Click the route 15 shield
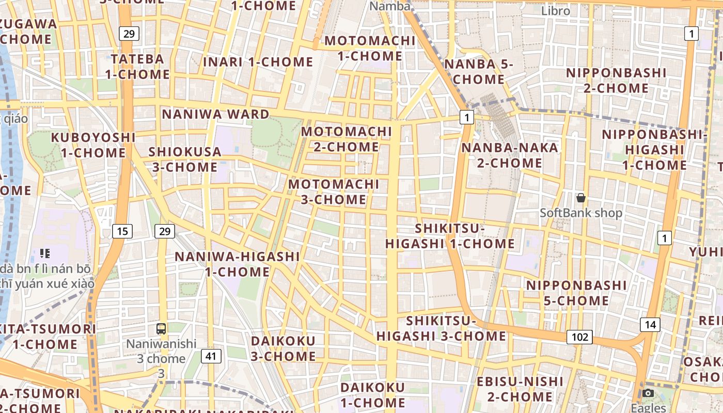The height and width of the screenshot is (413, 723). tap(122, 231)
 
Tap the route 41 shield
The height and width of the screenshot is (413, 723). tap(210, 356)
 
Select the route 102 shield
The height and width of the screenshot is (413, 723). tap(579, 337)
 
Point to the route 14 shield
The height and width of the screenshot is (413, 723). tap(650, 325)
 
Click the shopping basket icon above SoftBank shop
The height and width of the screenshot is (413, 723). tap(581, 198)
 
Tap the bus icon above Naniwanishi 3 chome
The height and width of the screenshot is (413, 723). tap(161, 328)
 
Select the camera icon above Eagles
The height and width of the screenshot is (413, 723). tap(648, 393)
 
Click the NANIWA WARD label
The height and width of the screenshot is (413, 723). tap(216, 114)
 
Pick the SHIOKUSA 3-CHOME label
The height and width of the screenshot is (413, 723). tap(185, 160)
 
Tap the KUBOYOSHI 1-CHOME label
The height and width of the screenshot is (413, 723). tap(93, 145)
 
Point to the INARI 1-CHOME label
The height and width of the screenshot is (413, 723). tap(258, 62)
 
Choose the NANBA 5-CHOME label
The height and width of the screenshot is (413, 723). tap(479, 72)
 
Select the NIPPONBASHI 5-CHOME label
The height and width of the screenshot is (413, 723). tap(576, 293)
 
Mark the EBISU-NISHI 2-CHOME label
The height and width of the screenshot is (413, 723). tap(520, 389)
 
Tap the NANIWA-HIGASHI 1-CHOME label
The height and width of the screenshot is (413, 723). tap(237, 264)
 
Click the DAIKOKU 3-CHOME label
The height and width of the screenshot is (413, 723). tap(283, 348)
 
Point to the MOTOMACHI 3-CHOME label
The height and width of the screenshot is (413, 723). tap(334, 192)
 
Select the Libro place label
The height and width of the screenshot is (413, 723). tap(556, 11)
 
